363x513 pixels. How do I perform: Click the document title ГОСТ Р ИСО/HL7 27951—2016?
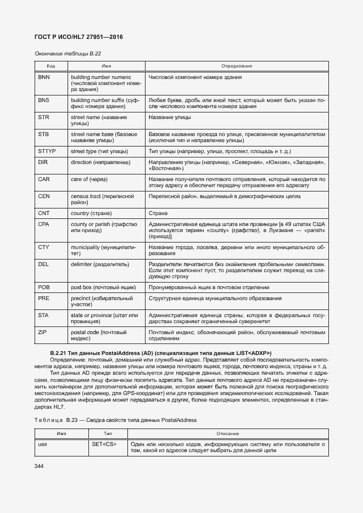pos(79,37)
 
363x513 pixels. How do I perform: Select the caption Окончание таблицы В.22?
pos(68,53)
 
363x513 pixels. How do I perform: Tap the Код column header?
pos(50,66)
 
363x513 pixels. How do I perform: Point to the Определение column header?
pos(236,66)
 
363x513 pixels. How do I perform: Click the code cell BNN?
pos(44,77)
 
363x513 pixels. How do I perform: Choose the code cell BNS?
pos(44,101)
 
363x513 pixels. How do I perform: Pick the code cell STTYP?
pos(47,151)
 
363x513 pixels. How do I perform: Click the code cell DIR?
pos(43,162)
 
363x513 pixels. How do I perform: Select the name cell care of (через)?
pos(89,179)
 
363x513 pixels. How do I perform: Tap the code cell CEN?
pos(44,196)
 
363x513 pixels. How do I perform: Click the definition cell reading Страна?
pos(158,213)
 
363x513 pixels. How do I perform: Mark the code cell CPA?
pos(44,224)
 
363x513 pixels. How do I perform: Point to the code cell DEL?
pos(44,264)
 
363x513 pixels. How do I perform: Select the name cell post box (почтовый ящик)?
pos(103,287)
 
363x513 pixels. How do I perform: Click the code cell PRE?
pos(44,298)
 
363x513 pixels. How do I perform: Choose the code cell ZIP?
pos(43,332)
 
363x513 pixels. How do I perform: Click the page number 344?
pos(39,466)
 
